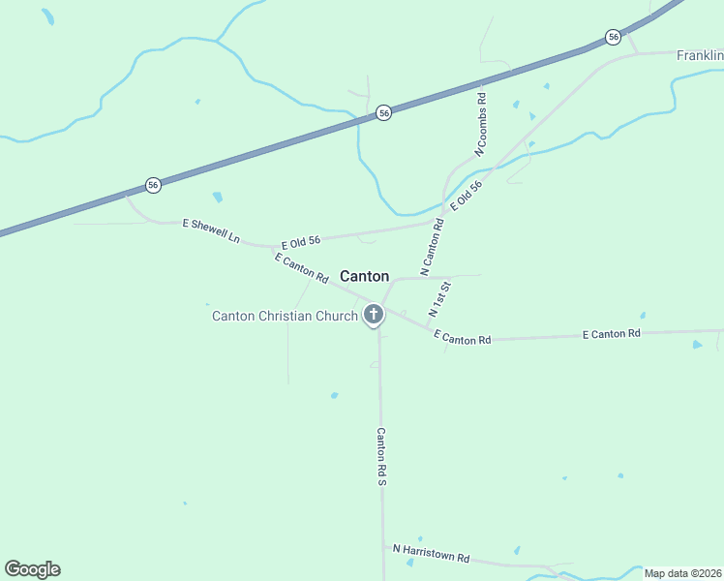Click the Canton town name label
click(x=365, y=276)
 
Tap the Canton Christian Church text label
click(x=285, y=316)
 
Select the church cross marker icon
click(x=374, y=315)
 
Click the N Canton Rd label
click(x=432, y=244)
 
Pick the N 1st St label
click(x=439, y=300)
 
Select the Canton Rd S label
click(x=381, y=457)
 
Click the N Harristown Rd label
click(x=431, y=554)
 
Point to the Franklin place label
click(x=699, y=56)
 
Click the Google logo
click(x=32, y=569)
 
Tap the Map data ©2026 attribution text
click(x=681, y=573)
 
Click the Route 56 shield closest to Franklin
click(x=614, y=37)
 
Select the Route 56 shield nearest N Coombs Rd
click(x=384, y=113)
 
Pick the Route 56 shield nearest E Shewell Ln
click(x=153, y=184)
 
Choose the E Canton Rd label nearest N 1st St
click(x=463, y=338)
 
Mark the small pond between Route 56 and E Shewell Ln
click(x=218, y=198)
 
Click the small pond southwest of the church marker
click(x=334, y=395)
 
